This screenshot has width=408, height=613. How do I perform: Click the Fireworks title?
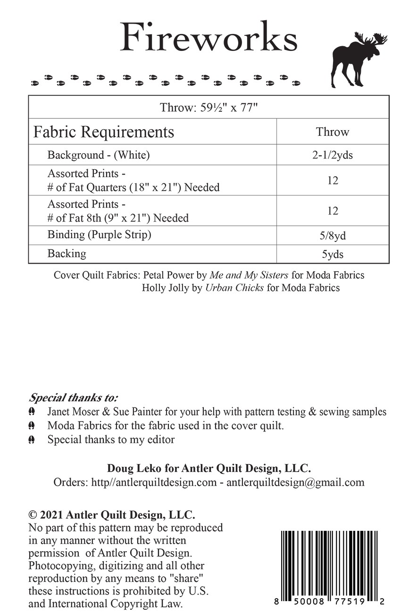coord(208,38)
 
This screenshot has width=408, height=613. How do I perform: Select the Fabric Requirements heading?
coord(103,132)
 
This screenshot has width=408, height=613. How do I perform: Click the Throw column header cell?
coord(333,132)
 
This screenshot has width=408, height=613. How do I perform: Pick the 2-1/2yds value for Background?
coord(333,155)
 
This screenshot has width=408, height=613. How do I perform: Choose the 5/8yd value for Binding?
coord(333,236)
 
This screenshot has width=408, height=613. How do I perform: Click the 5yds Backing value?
coord(333,254)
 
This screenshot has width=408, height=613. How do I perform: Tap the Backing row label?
coord(67,254)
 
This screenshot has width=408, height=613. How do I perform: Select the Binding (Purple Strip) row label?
coord(99,235)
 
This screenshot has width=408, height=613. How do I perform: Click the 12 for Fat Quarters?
coord(333,180)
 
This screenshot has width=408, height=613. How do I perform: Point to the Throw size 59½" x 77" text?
coord(208,107)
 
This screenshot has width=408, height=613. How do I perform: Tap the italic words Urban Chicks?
coord(234,287)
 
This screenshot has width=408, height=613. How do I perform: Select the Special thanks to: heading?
coord(74,397)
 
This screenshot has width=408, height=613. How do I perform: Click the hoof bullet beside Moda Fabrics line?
coord(32,426)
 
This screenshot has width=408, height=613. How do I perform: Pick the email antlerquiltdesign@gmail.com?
coord(295,482)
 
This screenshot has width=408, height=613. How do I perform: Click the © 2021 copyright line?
coord(112,514)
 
